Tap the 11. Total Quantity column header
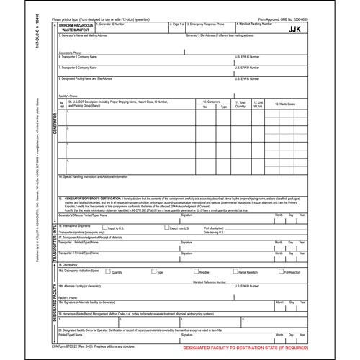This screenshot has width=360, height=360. [x=240, y=104]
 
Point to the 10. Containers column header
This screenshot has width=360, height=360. [x=212, y=102]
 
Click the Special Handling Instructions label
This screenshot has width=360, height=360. [x=96, y=176]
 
